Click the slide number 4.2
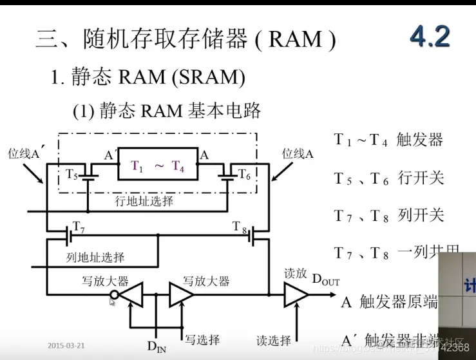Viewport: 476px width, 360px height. [430, 37]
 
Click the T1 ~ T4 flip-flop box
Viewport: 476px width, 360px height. [158, 166]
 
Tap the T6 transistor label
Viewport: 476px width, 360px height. [243, 175]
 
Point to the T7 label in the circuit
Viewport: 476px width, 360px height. [79, 226]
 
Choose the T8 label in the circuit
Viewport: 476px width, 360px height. [240, 225]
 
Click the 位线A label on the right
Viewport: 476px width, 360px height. [298, 154]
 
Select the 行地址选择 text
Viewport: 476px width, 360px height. [144, 201]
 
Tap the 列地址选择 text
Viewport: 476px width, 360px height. [95, 258]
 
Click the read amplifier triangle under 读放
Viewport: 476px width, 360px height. [296, 296]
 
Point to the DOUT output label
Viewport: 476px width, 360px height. [325, 280]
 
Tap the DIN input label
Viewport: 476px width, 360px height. [156, 347]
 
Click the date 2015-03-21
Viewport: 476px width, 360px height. [66, 345]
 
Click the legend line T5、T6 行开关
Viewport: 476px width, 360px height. [389, 178]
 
